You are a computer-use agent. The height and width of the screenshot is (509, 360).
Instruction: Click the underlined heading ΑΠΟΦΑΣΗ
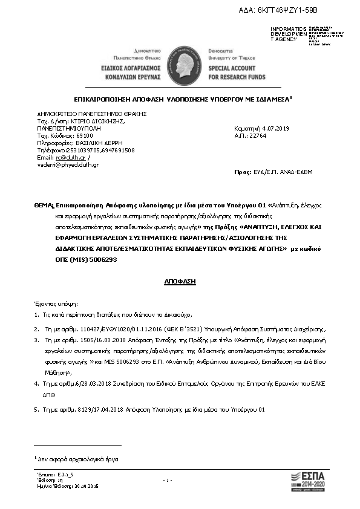(x=180, y=282)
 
